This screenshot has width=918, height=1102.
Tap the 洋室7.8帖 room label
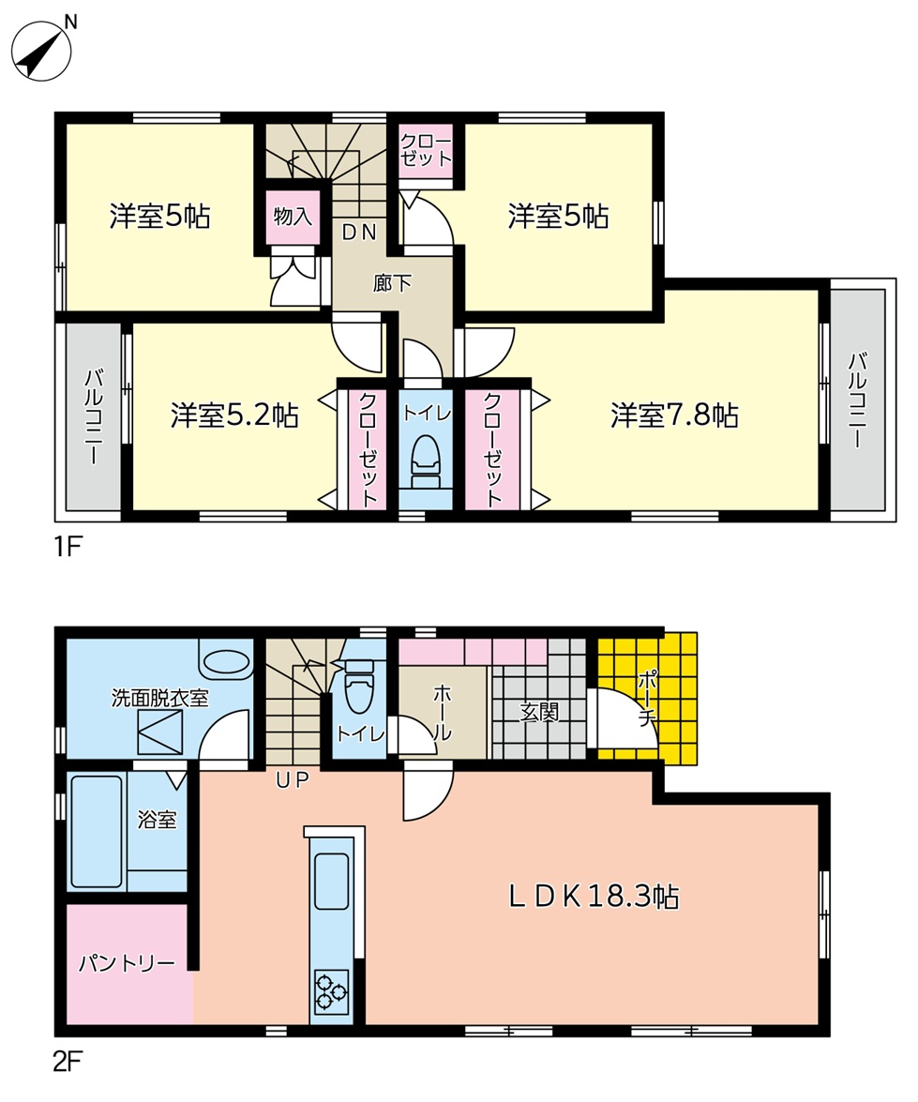coord(674,415)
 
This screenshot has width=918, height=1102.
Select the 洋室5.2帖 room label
coord(234,415)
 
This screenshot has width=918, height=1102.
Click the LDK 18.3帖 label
coord(594,897)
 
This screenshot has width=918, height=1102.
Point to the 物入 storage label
coord(293,216)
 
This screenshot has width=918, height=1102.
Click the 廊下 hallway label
coord(392,283)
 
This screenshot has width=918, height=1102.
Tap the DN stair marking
coord(360,233)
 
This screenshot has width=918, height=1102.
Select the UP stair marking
coord(293,779)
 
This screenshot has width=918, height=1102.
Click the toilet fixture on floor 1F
coord(425,461)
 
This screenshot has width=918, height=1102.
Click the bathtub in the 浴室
coord(97,831)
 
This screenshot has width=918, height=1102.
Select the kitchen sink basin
coord(331,882)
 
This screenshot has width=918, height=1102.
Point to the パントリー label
coord(127,963)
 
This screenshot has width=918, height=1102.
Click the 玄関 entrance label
coord(539,713)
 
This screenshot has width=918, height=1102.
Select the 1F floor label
coord(68,546)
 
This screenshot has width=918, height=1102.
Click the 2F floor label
coord(68,1062)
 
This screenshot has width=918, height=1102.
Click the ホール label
coord(442,714)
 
